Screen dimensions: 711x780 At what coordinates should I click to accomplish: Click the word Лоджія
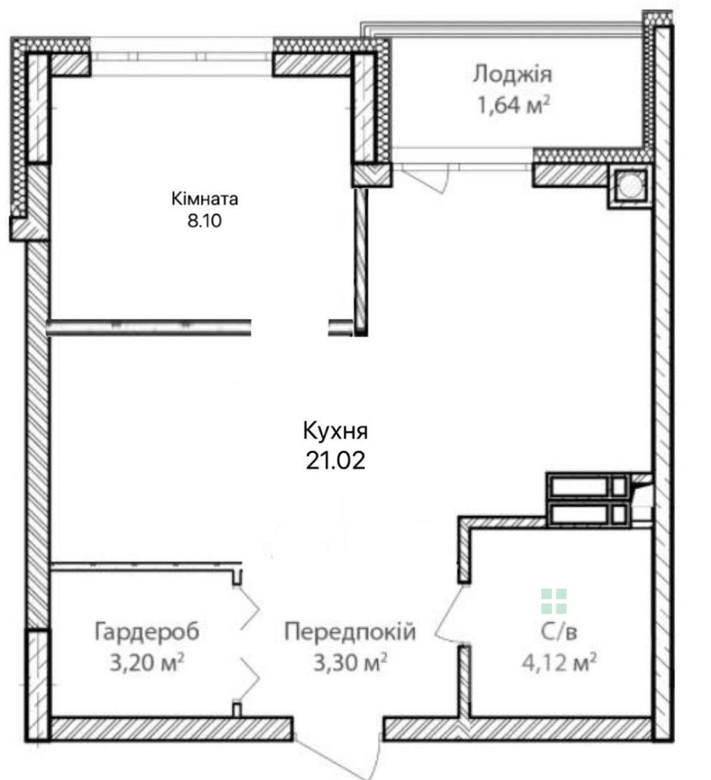point(512,75)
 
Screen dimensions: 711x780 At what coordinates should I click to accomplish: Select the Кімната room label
point(205,199)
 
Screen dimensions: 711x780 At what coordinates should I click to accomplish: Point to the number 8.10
point(205,221)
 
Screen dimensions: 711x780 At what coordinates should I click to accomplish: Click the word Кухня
point(335,431)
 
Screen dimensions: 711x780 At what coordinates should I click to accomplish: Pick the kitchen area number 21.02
point(335,461)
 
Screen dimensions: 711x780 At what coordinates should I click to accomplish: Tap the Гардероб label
point(147,631)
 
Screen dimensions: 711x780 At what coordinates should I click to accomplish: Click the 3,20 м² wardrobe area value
point(146,663)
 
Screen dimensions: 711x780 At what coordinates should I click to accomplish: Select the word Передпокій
point(350,631)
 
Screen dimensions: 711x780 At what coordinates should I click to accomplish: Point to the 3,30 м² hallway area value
point(350,663)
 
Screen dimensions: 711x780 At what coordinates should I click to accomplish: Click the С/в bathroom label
point(559,633)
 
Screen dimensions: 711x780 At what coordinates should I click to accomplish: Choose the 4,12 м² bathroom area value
point(559,663)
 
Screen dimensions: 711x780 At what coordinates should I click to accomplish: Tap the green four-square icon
point(554,601)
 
